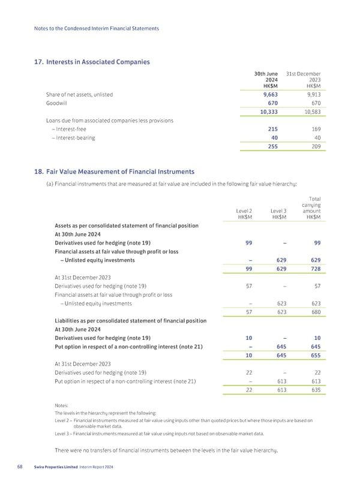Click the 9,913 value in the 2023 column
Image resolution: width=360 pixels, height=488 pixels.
point(310,94)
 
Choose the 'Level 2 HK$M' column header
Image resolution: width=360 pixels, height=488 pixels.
point(243,214)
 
